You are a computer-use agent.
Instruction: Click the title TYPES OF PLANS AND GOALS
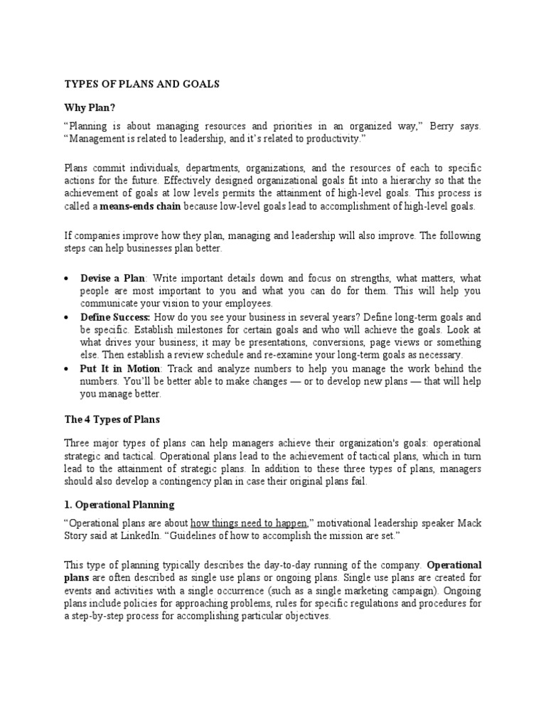click(142, 84)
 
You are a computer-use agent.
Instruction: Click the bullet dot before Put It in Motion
click(66, 369)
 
